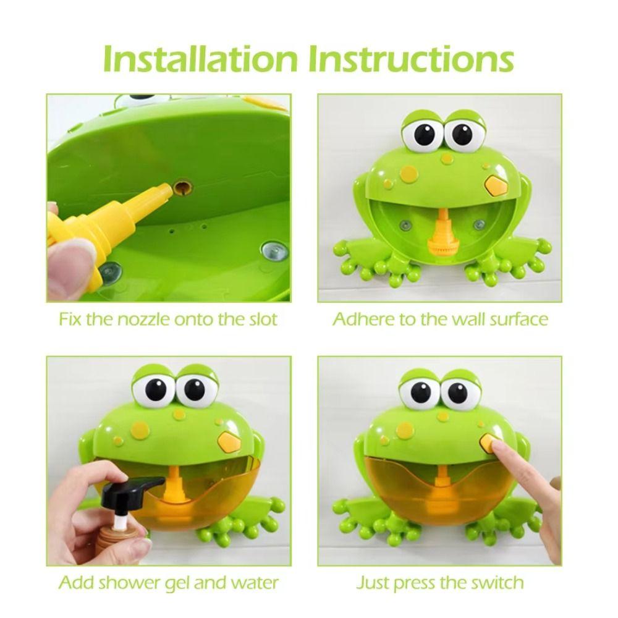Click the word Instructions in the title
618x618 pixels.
tap(411, 58)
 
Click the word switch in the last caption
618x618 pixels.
tap(496, 582)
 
